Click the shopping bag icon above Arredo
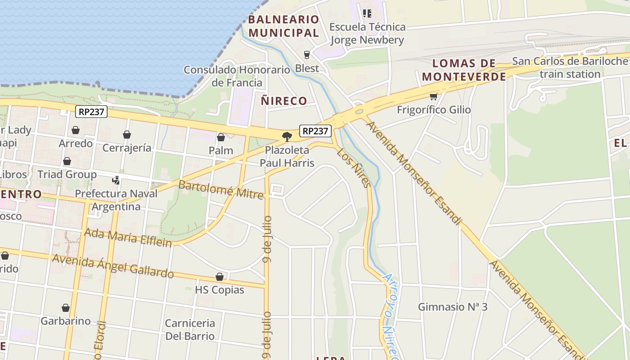point(76,130)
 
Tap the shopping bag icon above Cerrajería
point(127,135)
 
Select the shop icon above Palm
point(221,137)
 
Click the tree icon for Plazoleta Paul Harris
point(287,137)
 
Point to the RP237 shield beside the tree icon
point(315,131)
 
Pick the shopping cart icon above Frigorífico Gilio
point(433,96)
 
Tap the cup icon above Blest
point(307,55)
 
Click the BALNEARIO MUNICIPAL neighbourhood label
point(283,26)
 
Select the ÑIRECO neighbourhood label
point(284,101)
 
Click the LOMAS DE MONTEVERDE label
point(464,70)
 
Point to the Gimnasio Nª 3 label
point(453,307)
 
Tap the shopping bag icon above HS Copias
point(220,277)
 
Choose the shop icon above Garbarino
point(66,308)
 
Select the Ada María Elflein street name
point(128,238)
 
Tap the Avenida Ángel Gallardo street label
point(113,266)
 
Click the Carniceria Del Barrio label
point(190,329)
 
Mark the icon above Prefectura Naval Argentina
point(116,180)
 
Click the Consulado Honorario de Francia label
point(237,76)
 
